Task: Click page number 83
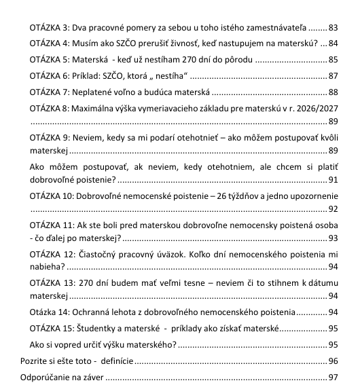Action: [x=333, y=29]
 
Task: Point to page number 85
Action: [x=333, y=60]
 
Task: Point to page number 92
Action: [x=333, y=209]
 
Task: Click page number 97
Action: [x=333, y=376]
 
